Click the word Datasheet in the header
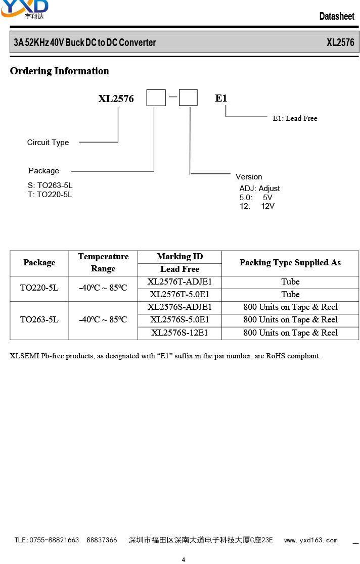click(x=337, y=16)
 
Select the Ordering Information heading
click(x=59, y=71)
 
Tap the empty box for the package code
click(x=156, y=98)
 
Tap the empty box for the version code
click(x=188, y=98)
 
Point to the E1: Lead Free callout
click(x=295, y=118)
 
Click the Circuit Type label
click(x=48, y=143)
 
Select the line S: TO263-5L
click(x=50, y=185)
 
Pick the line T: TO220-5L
click(x=50, y=195)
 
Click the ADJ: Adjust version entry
click(x=259, y=189)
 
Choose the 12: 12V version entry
click(x=257, y=206)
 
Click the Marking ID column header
click(x=179, y=256)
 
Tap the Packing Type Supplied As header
click(x=290, y=263)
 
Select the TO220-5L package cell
click(x=39, y=288)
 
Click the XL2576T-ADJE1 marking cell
click(x=179, y=281)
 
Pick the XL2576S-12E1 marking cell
click(x=179, y=333)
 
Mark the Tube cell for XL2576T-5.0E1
click(x=290, y=294)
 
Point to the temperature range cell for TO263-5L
click(x=103, y=320)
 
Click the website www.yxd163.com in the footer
click(x=310, y=540)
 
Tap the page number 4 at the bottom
click(x=183, y=559)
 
